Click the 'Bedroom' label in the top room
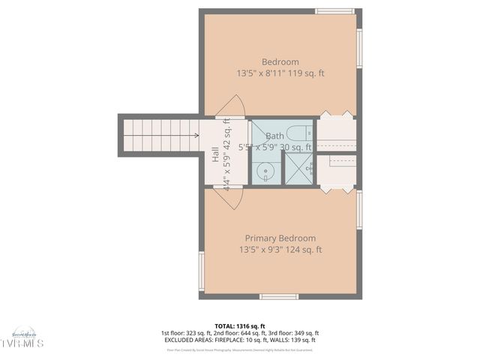(280, 61)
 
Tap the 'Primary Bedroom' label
(280, 238)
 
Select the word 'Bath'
(274, 136)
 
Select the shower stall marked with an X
(297, 168)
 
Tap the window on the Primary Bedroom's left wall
(201, 271)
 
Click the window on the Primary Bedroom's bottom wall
(278, 296)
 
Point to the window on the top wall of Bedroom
(334, 11)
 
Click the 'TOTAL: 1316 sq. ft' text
(239, 325)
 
